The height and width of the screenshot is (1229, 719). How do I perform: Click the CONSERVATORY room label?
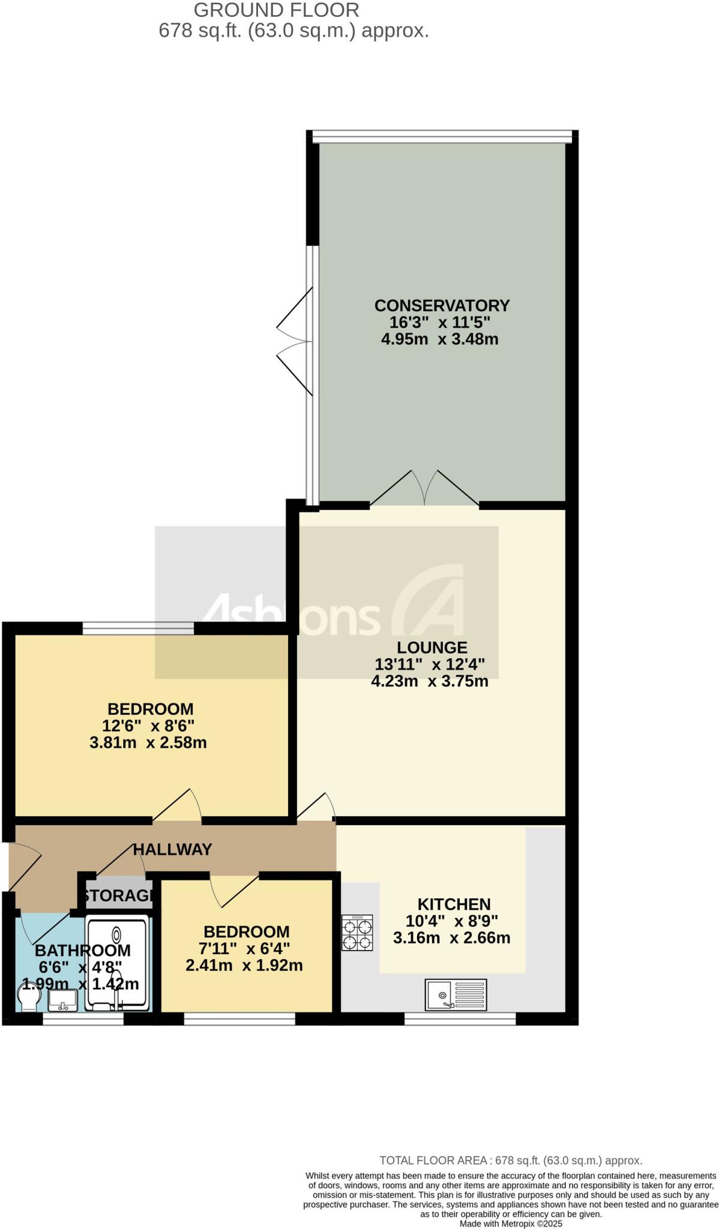click(x=442, y=305)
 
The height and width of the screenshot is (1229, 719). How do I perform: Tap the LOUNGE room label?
click(x=432, y=648)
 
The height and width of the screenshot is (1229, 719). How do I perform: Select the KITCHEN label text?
click(x=454, y=904)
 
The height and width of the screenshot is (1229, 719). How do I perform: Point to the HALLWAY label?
click(x=172, y=849)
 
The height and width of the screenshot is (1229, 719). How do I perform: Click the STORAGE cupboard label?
click(x=118, y=896)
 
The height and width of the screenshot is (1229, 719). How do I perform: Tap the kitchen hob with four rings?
click(x=357, y=933)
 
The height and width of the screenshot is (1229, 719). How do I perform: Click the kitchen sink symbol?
click(x=456, y=994)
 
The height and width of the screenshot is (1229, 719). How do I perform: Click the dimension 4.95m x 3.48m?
click(x=440, y=339)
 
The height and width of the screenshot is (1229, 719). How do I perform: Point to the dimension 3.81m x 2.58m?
click(x=148, y=743)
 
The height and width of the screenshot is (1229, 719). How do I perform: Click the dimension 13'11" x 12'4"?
click(x=430, y=664)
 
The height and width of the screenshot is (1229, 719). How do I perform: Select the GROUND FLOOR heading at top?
click(x=277, y=10)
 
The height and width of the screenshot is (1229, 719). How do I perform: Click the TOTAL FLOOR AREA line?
click(x=511, y=1161)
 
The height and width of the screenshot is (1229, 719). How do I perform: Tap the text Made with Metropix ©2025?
click(x=511, y=1223)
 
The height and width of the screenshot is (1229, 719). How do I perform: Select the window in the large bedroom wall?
click(x=138, y=628)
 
